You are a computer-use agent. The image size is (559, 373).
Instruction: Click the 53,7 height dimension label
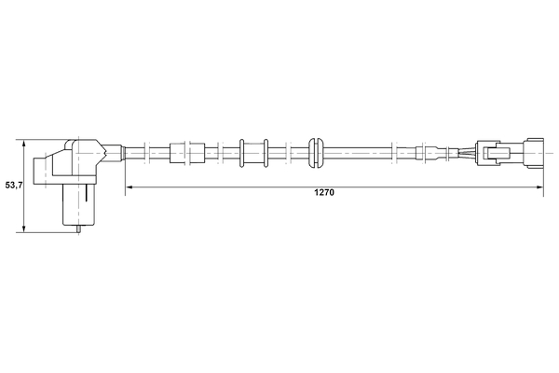tap(13, 186)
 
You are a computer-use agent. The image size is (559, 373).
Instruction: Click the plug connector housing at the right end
tap(508, 150)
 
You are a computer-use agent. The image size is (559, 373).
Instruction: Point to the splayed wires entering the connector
tap(464, 150)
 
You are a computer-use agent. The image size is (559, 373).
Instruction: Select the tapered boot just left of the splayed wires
tap(438, 150)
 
